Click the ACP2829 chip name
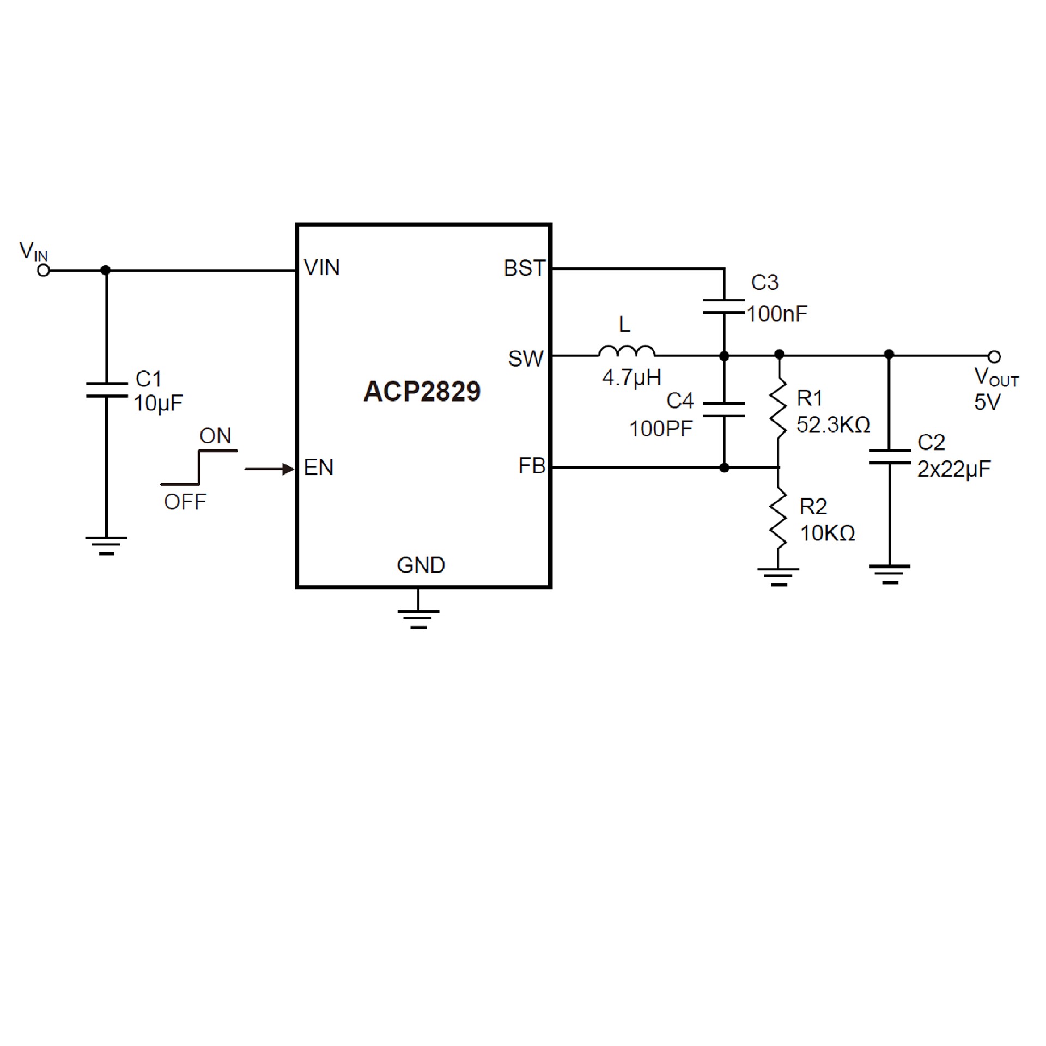(x=422, y=391)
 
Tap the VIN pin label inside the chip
(x=321, y=267)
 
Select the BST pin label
(x=524, y=268)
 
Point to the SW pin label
(x=525, y=358)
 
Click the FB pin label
(x=531, y=466)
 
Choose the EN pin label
(x=318, y=467)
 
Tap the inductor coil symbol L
(x=627, y=351)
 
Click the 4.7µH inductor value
(x=631, y=377)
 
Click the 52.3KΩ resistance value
(x=833, y=424)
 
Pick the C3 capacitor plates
(x=723, y=306)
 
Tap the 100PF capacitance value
(x=660, y=429)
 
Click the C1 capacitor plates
(x=106, y=390)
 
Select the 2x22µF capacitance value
(x=953, y=469)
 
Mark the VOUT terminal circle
(x=994, y=357)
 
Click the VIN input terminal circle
(x=44, y=270)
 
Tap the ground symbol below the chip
(x=418, y=618)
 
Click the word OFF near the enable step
(x=185, y=502)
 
